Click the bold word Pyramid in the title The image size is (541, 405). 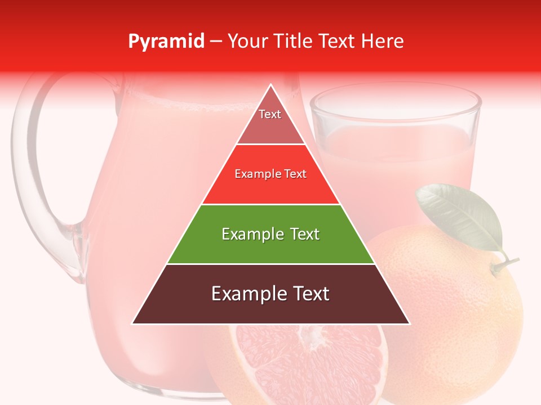(166, 42)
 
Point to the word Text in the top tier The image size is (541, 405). (270, 114)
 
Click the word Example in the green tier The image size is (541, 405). (246, 234)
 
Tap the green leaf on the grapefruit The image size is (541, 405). (459, 217)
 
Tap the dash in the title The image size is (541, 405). (216, 42)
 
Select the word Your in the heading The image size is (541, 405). (247, 42)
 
